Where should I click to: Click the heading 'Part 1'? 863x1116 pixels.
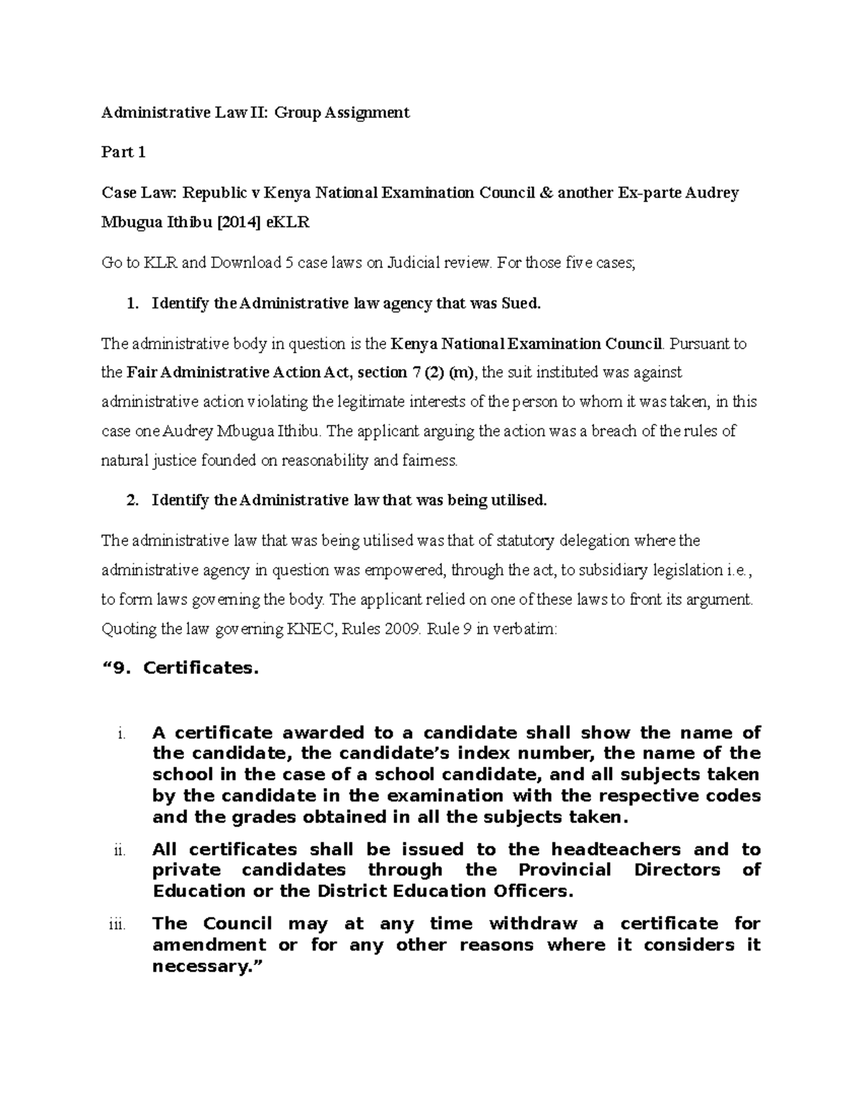124,152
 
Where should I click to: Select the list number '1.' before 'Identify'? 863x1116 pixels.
132,304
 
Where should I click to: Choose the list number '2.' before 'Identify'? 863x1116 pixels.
132,501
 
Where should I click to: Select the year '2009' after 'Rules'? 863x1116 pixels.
401,629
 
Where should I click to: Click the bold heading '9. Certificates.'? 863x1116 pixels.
181,668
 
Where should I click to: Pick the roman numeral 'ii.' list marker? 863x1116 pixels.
120,851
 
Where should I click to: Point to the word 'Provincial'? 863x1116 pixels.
565,870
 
